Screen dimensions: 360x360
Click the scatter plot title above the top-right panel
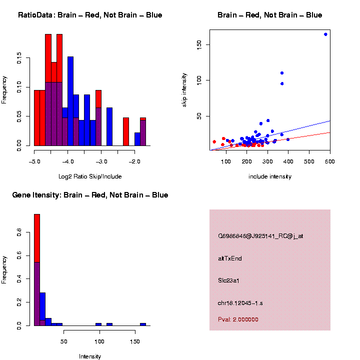pyautogui.click(x=269, y=15)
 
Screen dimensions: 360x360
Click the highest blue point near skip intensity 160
pyautogui.click(x=325, y=34)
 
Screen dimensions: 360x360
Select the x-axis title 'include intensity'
pyautogui.click(x=269, y=176)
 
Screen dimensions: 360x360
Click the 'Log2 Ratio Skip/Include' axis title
pyautogui.click(x=90, y=176)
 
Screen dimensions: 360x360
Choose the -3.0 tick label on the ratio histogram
pyautogui.click(x=101, y=162)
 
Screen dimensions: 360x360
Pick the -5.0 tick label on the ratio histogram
pyautogui.click(x=34, y=162)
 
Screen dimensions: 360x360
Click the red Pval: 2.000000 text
pyautogui.click(x=238, y=319)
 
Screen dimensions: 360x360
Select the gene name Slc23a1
pyautogui.click(x=229, y=280)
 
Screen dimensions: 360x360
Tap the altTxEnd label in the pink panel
pyautogui.click(x=230, y=258)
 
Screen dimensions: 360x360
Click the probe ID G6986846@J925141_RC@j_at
pyautogui.click(x=260, y=236)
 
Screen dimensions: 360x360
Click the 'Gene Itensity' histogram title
pyautogui.click(x=90, y=195)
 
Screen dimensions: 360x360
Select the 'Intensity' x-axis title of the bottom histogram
pyautogui.click(x=90, y=356)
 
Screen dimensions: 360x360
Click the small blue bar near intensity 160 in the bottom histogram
pyautogui.click(x=143, y=324)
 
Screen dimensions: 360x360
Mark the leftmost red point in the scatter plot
pyautogui.click(x=214, y=142)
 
